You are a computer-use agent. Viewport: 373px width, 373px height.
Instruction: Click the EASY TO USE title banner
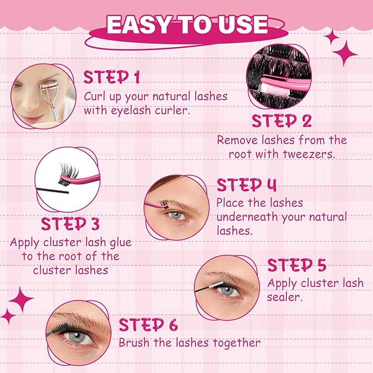pos(187,25)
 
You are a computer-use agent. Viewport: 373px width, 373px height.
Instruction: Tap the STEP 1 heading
pos(111,77)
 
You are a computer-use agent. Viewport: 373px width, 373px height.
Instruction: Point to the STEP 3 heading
pos(70,224)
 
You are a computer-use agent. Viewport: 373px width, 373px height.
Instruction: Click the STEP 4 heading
pos(246,185)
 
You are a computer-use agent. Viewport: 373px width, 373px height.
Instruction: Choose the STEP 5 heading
pos(297,265)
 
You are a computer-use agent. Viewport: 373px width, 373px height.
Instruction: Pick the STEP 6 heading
pos(148,324)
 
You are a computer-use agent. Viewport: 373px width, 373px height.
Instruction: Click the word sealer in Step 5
pos(283,298)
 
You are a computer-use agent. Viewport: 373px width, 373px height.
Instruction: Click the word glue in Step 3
pos(118,242)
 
